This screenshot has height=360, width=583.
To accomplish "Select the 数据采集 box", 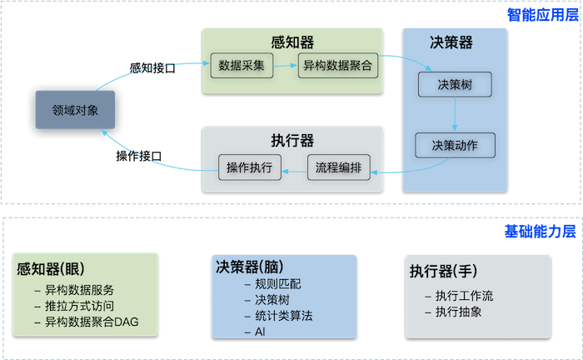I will pos(242,64).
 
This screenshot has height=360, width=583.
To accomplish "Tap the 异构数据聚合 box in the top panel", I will pos(337,64).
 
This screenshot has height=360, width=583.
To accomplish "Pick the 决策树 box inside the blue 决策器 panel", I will pos(454,85).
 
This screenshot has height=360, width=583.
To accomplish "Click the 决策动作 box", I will pos(454,145).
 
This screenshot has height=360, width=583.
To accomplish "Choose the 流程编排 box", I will pos(338,167).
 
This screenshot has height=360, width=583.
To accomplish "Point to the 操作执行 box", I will pos(250,167).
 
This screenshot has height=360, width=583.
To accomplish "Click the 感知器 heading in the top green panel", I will pos(292,41).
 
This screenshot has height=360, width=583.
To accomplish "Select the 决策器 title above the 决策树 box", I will pos(455,42).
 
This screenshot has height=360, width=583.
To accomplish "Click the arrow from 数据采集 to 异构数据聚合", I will pos(286,64).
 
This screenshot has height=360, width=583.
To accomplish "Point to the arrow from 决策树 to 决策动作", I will pos(455,114).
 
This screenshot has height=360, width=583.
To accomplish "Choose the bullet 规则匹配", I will pos(273,283).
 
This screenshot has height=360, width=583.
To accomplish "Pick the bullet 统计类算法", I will pos(279,316).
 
